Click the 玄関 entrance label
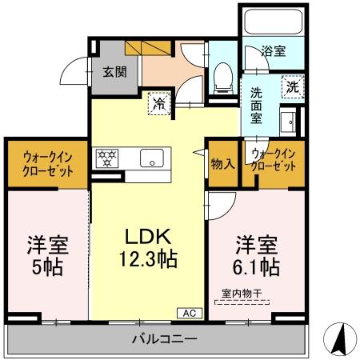coord(114,70)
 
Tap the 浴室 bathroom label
coord(274,52)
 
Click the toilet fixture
coord(222,78)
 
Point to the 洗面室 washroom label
coord(257,105)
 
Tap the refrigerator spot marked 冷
coord(159,102)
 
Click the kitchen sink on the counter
coord(150,158)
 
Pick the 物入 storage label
coord(222,164)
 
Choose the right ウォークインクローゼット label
coord(273,160)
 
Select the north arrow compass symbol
coord(340,341)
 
